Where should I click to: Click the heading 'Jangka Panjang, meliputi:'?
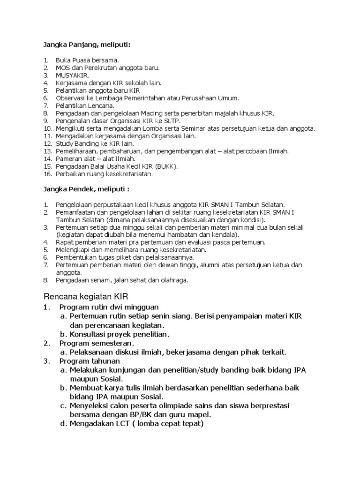click(x=87, y=45)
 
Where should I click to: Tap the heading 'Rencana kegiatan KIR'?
click(x=86, y=297)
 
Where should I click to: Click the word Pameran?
click(x=68, y=159)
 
